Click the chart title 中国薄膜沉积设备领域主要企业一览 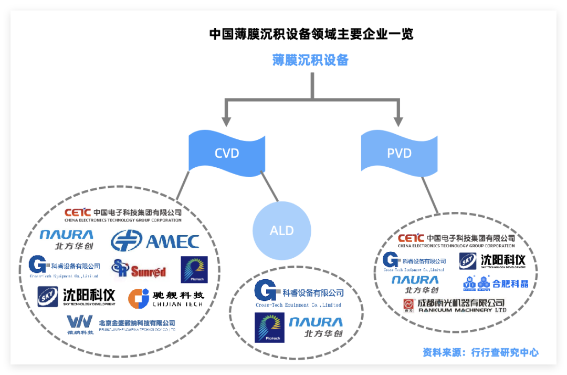[311, 34]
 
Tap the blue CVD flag [227, 153]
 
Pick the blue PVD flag [399, 153]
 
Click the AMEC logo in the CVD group [155, 241]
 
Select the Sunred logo [139, 269]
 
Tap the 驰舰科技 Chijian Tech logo [166, 298]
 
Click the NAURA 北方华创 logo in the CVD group [67, 239]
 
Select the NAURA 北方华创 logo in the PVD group [415, 284]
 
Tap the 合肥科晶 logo [496, 283]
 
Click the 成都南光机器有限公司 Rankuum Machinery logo [454, 306]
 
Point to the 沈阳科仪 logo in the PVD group [492, 261]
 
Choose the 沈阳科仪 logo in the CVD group [76, 296]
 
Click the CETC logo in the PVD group [456, 241]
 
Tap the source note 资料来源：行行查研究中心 [480, 352]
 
